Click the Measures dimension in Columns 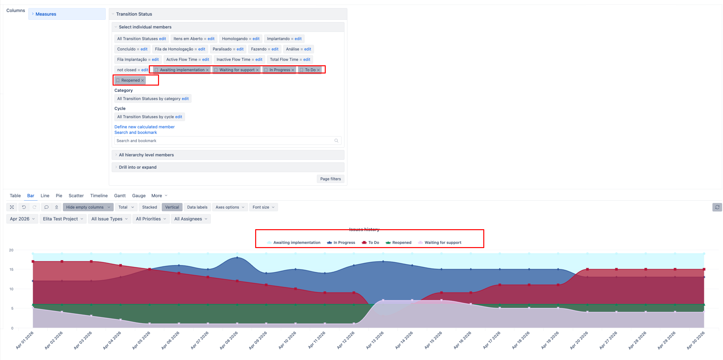tap(46, 14)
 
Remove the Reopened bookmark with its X tap(143, 80)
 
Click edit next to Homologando tap(256, 39)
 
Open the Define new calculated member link tap(144, 127)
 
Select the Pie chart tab tap(59, 196)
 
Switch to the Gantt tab tap(120, 196)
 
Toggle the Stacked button tap(150, 207)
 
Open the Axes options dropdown tap(230, 207)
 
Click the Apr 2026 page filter tap(22, 219)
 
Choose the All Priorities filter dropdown tap(151, 219)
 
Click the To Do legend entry tap(370, 243)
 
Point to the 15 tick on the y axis tap(11, 270)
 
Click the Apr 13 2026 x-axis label tap(375, 340)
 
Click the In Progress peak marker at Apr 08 tap(237, 257)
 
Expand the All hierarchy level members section tap(146, 155)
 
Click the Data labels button tap(197, 207)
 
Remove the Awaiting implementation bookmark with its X tap(207, 70)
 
